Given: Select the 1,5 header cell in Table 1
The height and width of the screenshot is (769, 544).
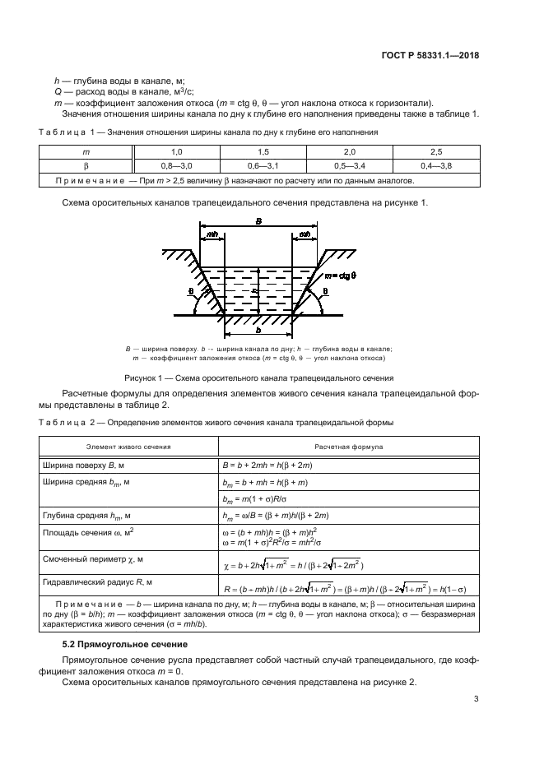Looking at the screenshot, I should point(263,152).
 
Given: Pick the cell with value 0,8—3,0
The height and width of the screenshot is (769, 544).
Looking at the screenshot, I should point(176,165).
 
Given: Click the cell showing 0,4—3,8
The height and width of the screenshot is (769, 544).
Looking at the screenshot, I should point(435,165).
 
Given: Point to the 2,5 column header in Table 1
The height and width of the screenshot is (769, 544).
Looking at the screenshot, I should point(435,152).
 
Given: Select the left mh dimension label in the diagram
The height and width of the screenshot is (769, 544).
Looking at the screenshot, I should point(212,234).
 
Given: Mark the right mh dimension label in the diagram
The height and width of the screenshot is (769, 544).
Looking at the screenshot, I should point(305,234).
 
